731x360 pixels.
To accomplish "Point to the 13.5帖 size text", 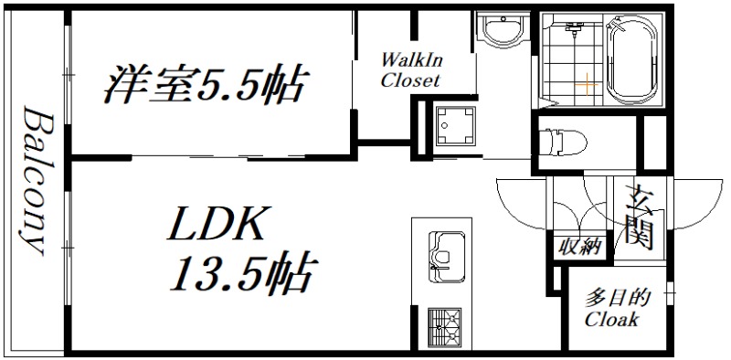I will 241,271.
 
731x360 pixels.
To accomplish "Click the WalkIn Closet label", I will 411,70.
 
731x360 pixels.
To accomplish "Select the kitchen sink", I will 442,249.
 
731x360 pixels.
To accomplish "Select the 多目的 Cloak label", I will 611,310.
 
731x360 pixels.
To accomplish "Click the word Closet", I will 411,80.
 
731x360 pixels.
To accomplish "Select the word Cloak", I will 611,321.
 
